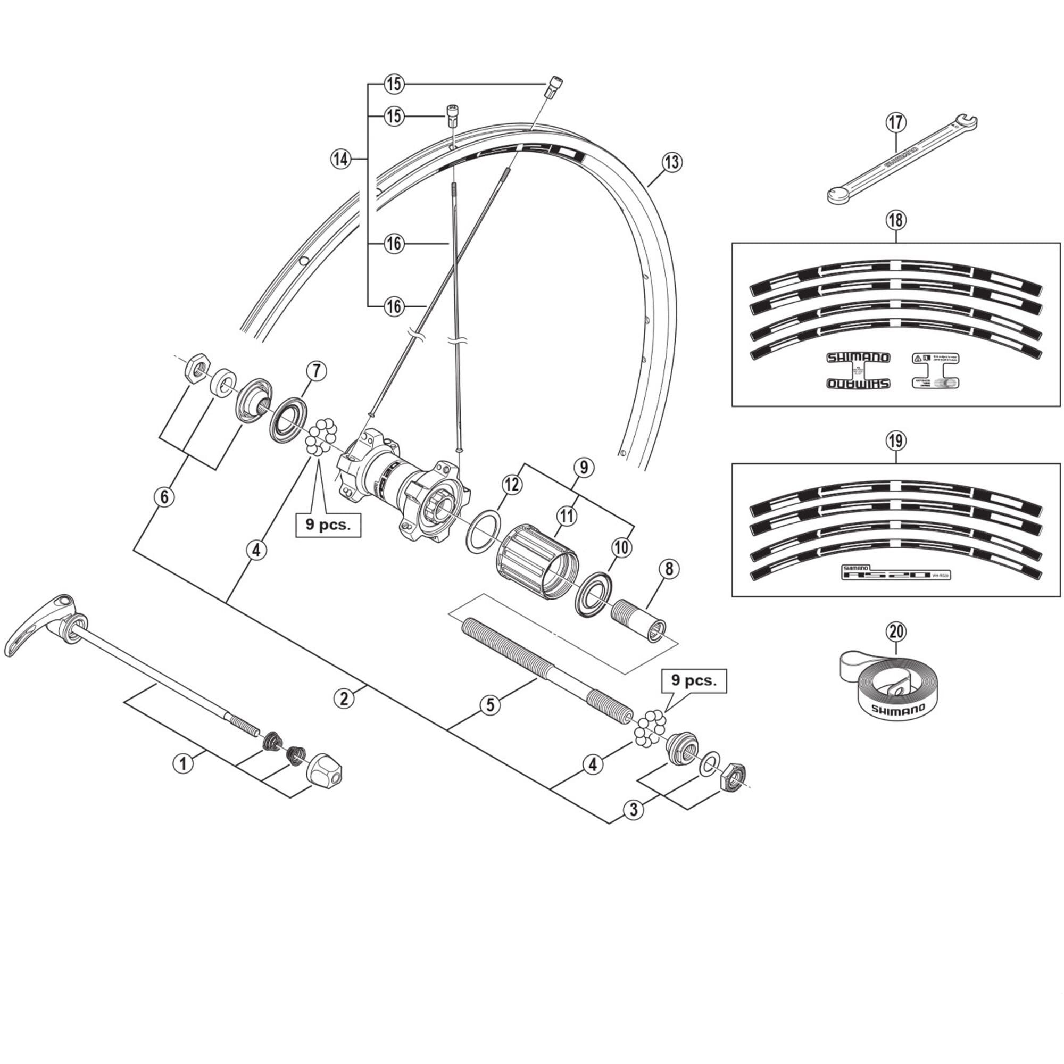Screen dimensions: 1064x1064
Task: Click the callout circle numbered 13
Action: (x=672, y=162)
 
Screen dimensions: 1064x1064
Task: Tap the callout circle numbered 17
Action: (x=896, y=122)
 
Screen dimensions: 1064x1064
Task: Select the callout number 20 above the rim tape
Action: (x=896, y=631)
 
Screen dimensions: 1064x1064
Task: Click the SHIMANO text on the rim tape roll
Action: (x=897, y=709)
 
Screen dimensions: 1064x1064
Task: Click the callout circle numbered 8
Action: (x=669, y=569)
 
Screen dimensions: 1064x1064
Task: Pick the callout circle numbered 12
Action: (x=512, y=485)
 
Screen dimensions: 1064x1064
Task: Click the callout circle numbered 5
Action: (x=490, y=705)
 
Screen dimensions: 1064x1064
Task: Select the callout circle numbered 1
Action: (x=184, y=764)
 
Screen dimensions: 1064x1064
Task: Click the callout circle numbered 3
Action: (x=633, y=810)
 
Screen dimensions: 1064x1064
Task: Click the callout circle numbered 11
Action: (x=566, y=516)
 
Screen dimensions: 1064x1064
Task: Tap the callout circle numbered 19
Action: (x=896, y=440)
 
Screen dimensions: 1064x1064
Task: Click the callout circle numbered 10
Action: (x=621, y=547)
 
